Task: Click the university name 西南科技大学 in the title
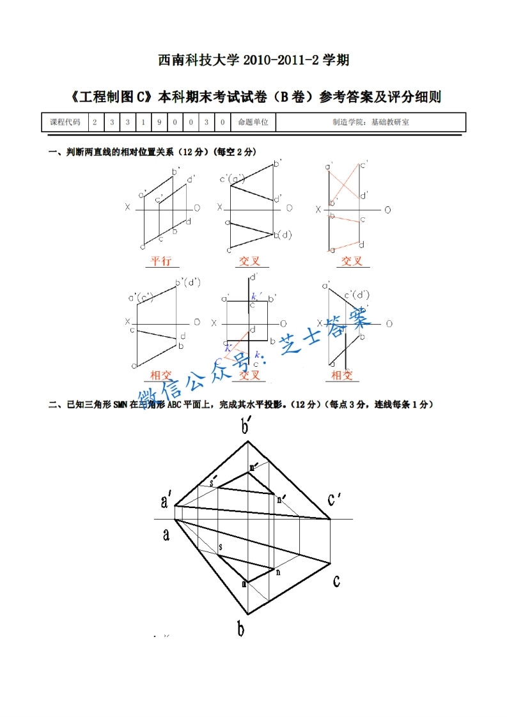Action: pyautogui.click(x=198, y=61)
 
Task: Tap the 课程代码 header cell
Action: pyautogui.click(x=65, y=122)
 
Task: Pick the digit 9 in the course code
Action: pyautogui.click(x=158, y=122)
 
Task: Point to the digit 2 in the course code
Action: pyautogui.click(x=95, y=122)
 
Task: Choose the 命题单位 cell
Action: pyautogui.click(x=253, y=122)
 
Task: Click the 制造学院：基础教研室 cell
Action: pyautogui.click(x=370, y=122)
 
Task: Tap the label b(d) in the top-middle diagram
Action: pyautogui.click(x=283, y=235)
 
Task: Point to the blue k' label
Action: pyautogui.click(x=254, y=296)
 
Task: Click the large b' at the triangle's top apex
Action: pyautogui.click(x=245, y=427)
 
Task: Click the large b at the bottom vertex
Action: pyautogui.click(x=241, y=630)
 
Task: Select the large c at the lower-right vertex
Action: pyautogui.click(x=336, y=581)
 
